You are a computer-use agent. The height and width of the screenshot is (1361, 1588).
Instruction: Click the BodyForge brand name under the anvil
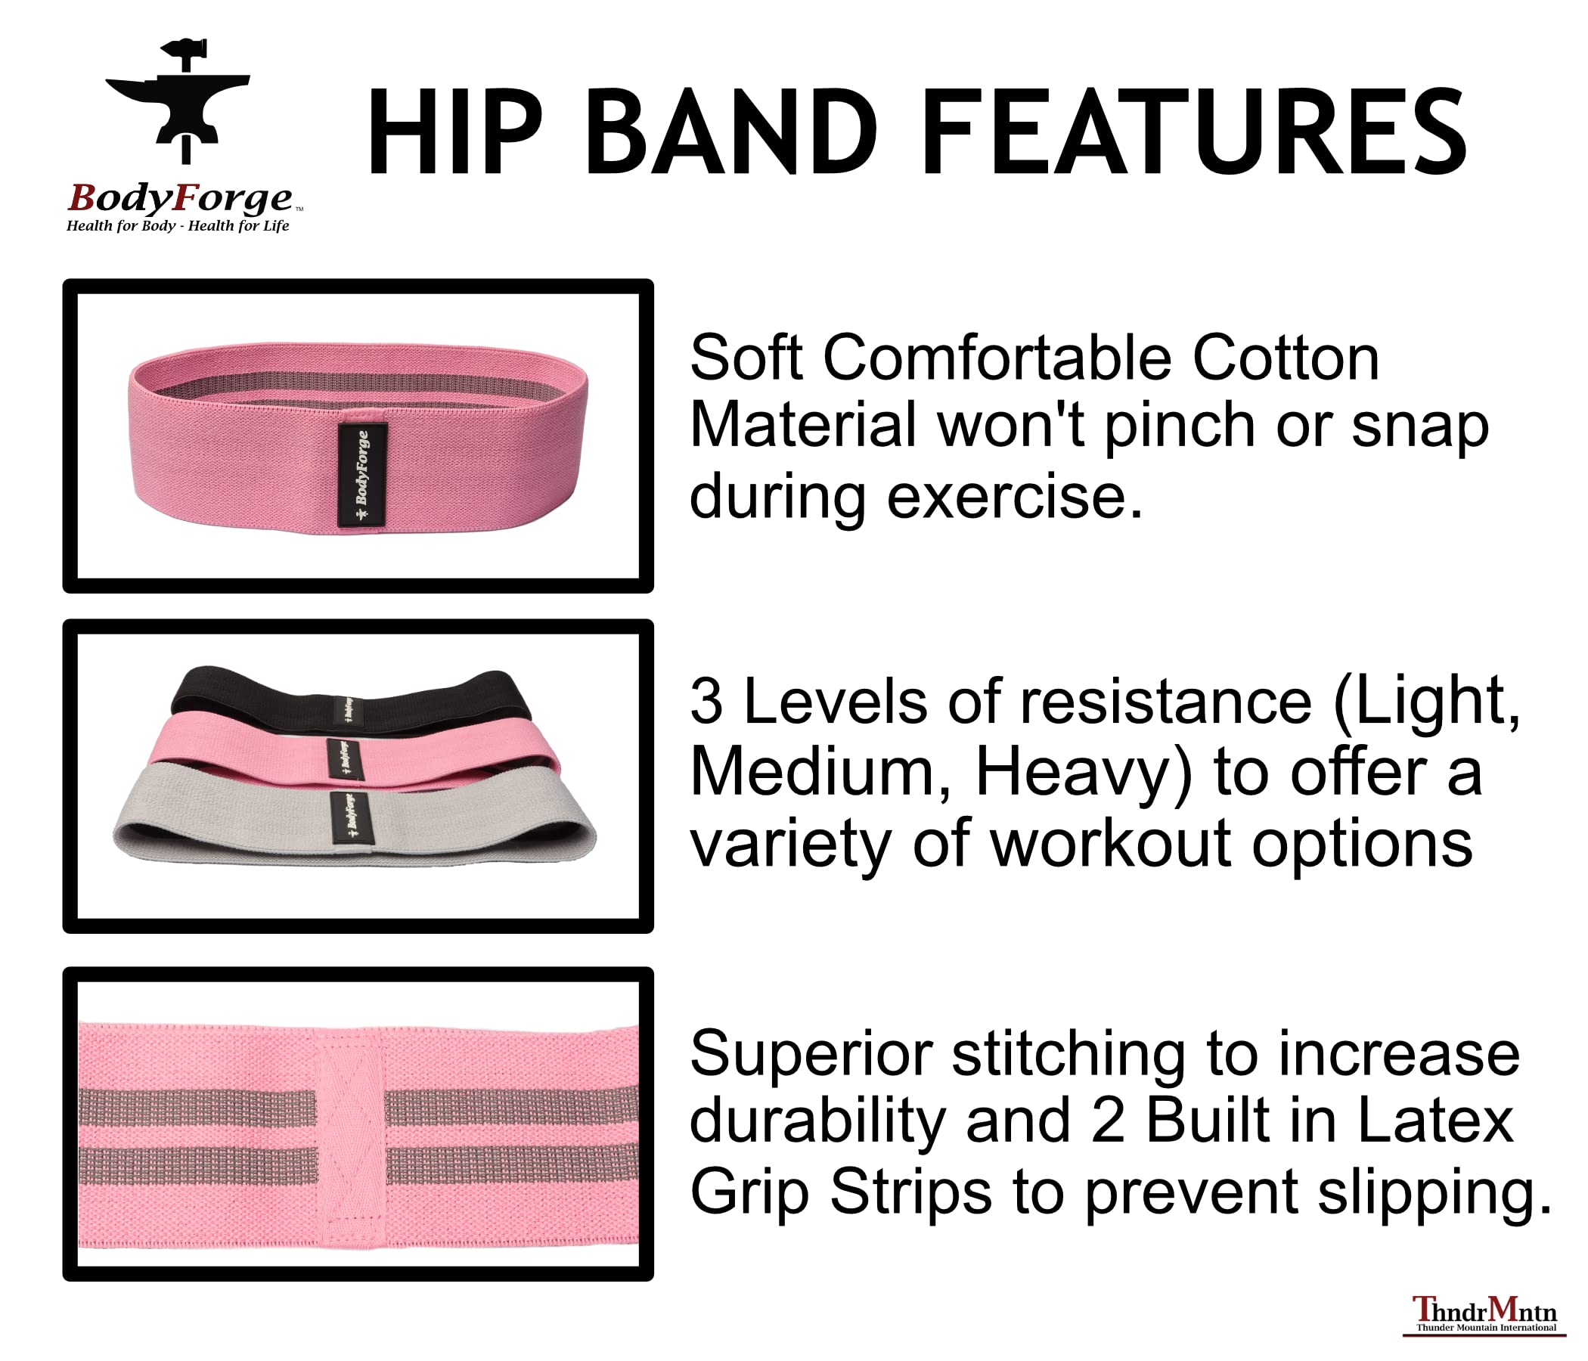180,198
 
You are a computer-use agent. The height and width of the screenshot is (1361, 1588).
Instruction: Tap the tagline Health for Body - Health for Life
177,225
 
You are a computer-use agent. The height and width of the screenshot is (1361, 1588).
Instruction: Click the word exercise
1015,497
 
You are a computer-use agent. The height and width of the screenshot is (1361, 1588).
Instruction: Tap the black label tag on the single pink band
362,475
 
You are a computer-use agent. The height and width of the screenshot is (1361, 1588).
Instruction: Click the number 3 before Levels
706,700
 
